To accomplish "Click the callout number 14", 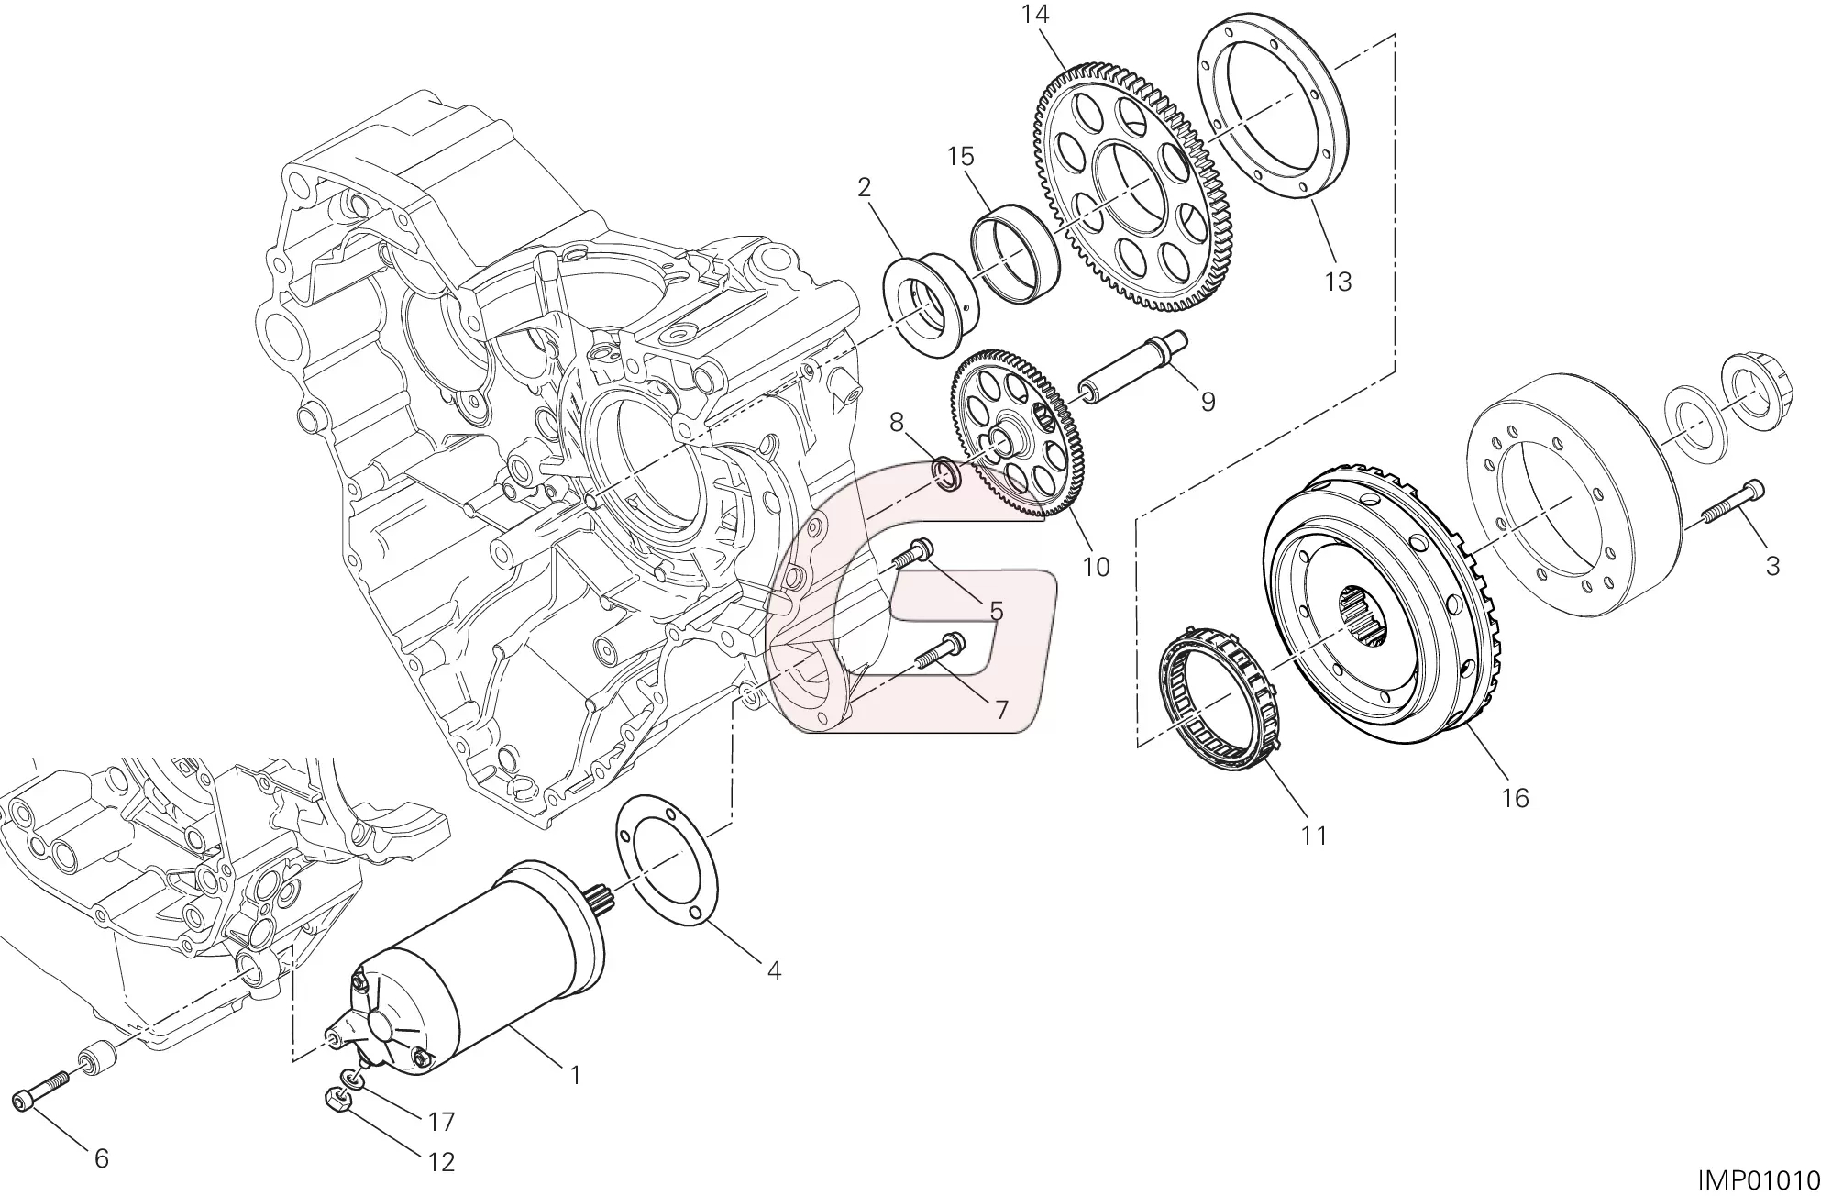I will [x=1035, y=16].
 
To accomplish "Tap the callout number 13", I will [x=1339, y=282].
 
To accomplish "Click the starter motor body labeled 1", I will [x=486, y=972].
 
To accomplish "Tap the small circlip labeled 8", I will [x=947, y=475].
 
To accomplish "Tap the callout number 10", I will [x=1096, y=567].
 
